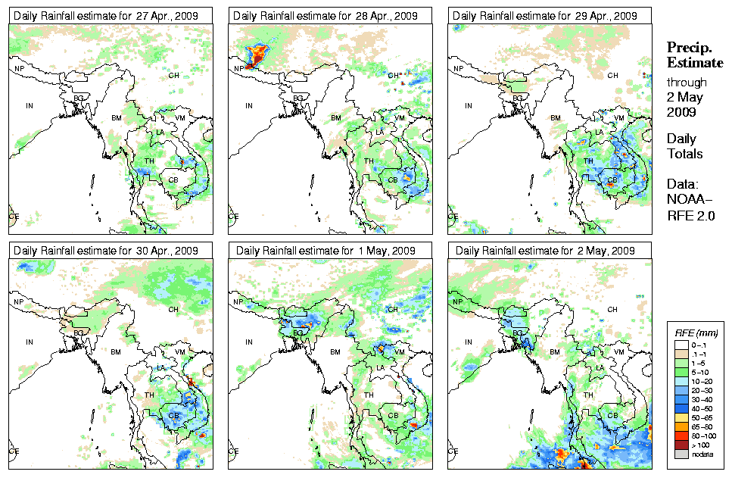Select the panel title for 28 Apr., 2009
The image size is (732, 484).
325,15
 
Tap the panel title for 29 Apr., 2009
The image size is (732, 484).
544,15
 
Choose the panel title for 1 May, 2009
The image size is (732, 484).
325,250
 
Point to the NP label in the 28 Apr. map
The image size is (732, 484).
240,68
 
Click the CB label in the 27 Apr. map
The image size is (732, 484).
173,180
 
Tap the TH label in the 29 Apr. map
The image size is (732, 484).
589,161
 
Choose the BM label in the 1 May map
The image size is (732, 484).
336,352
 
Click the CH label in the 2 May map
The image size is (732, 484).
612,309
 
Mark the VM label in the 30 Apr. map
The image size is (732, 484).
180,352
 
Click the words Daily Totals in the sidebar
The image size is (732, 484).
684,146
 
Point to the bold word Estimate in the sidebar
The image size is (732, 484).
694,62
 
